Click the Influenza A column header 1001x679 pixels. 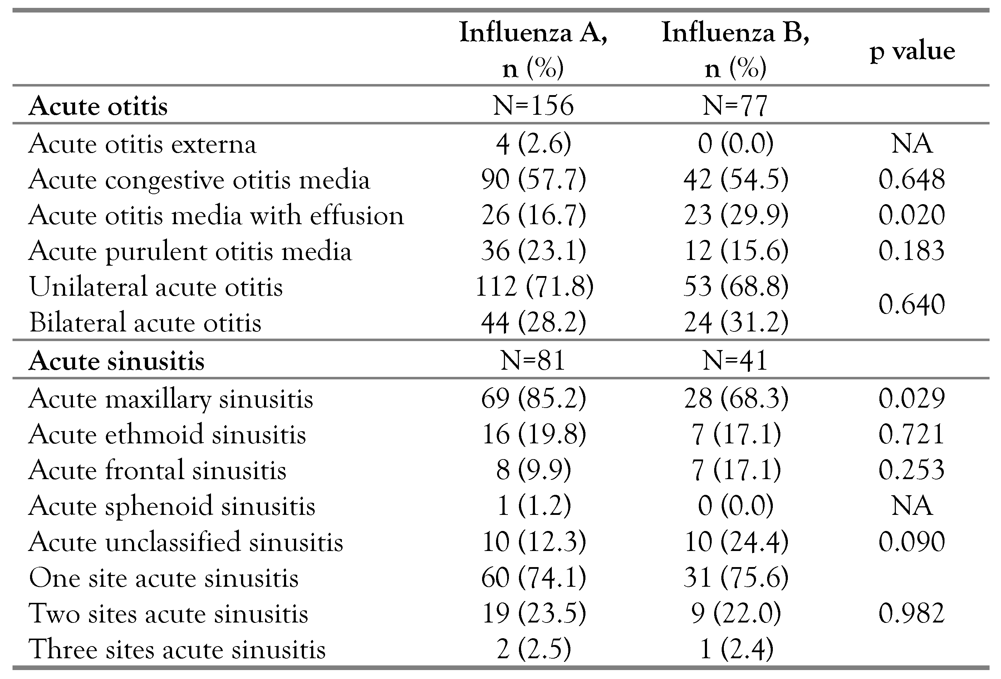pos(533,49)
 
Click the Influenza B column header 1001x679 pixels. pos(736,49)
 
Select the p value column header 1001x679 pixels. pos(912,51)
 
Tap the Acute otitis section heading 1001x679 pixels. pos(98,106)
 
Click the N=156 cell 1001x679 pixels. pos(533,105)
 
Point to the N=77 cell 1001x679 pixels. pos(735,105)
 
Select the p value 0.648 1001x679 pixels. pos(912,179)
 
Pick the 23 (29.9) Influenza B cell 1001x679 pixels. pos(736,215)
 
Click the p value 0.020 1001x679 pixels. pos(912,215)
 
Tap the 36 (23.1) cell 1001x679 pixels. pos(534,251)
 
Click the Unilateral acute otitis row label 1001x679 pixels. pos(156,286)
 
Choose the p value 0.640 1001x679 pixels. pos(912,304)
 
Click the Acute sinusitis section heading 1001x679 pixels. pos(116,360)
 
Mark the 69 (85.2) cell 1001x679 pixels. pos(534,398)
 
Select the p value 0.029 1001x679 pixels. pos(912,398)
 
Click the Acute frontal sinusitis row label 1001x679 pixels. pos(158,469)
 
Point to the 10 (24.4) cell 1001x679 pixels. pos(736,541)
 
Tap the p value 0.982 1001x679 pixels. pos(912,613)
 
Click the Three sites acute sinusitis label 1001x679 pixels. pos(177,649)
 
